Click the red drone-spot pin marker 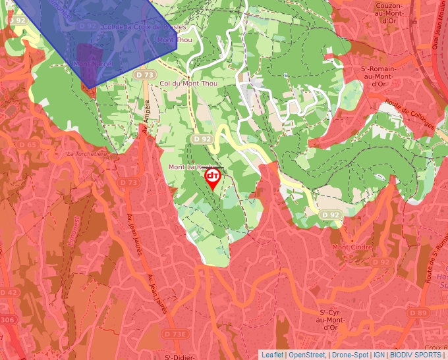213,178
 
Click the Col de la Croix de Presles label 145,27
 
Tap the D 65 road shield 28,145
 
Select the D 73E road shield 175,334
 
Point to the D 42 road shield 9,292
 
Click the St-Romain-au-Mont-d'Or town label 378,76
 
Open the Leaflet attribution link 272,355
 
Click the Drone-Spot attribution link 350,355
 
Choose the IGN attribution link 379,355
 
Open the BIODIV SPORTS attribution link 415,355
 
